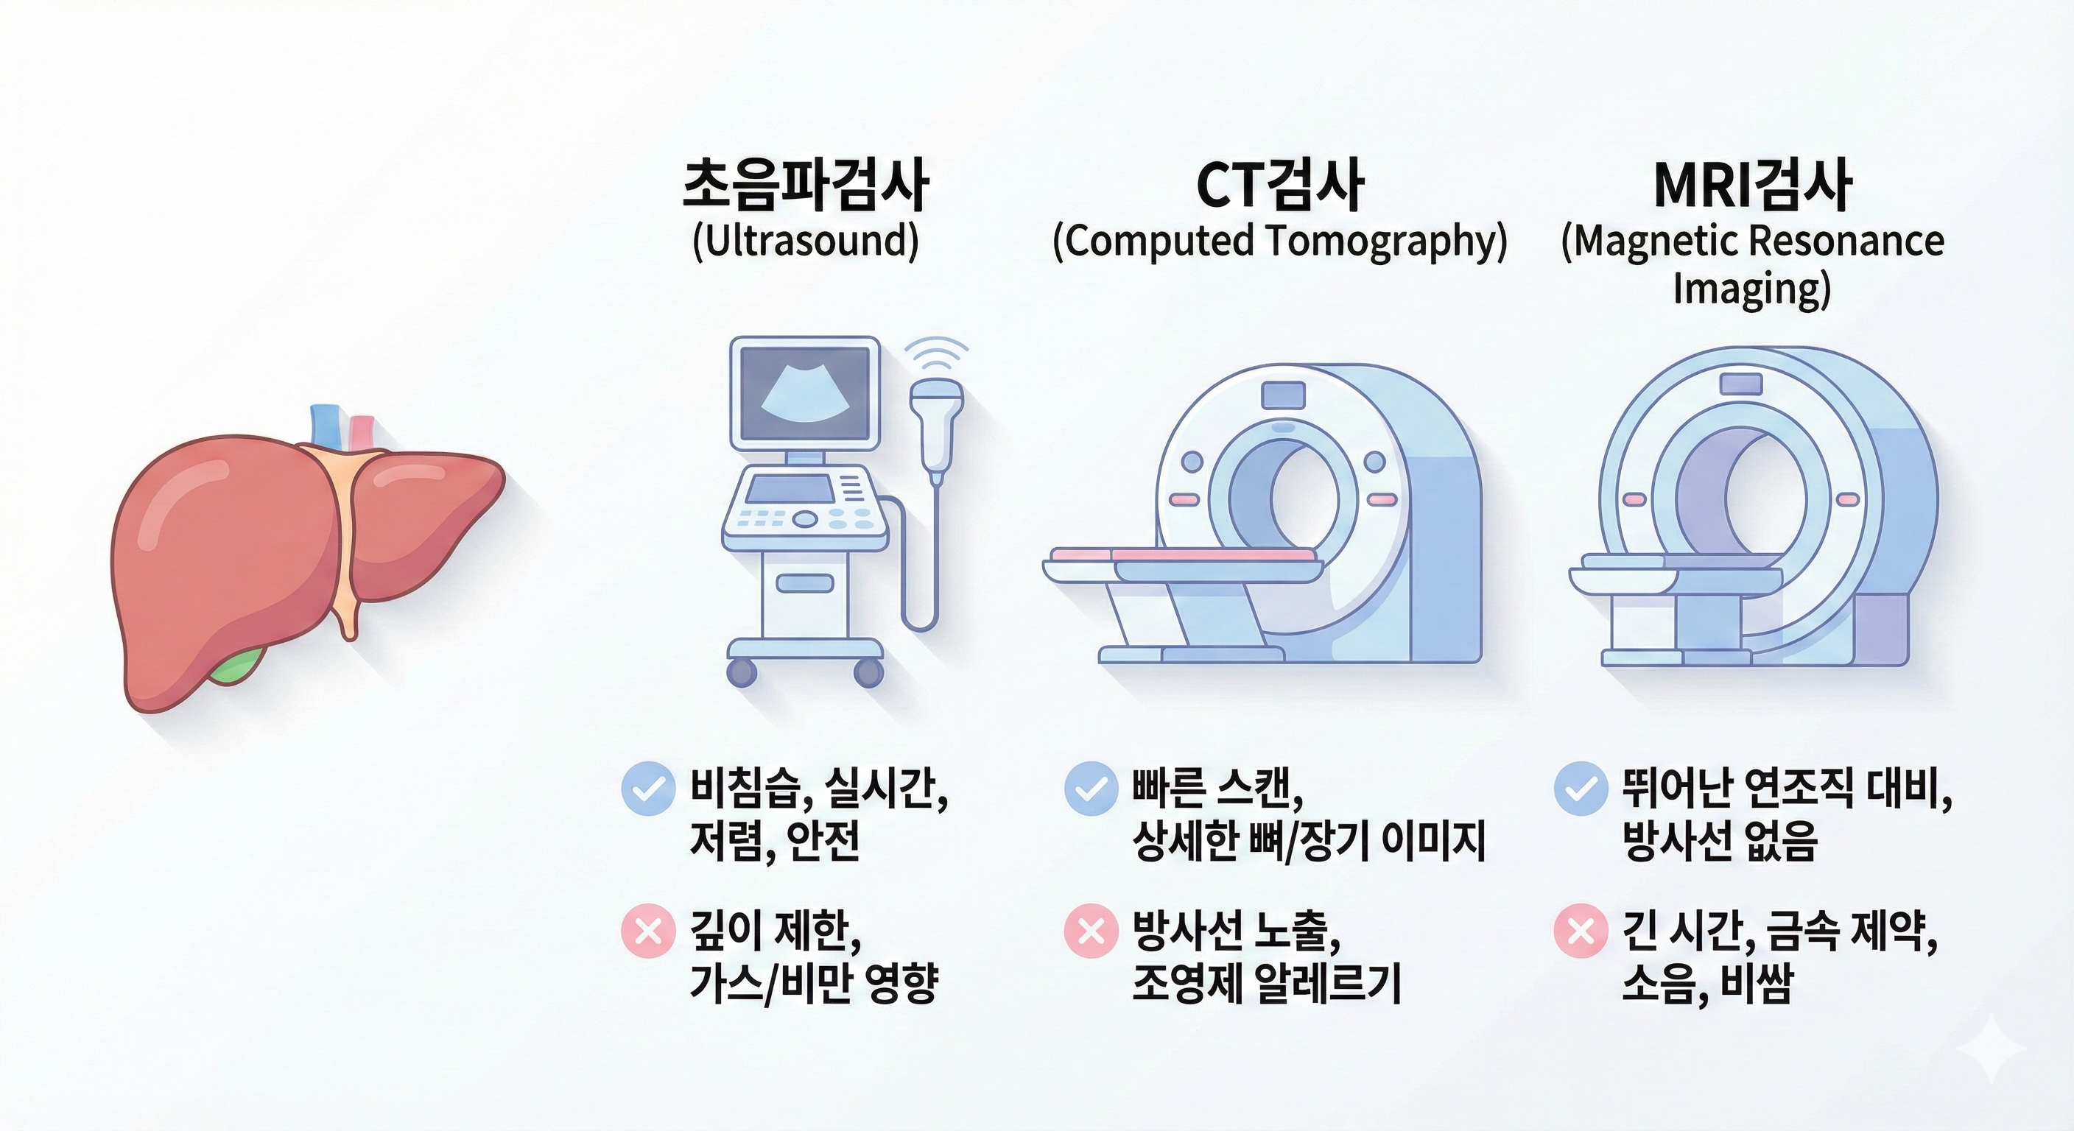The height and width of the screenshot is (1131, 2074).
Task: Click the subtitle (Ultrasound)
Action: coord(805,241)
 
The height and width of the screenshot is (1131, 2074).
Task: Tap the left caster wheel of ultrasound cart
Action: coord(742,672)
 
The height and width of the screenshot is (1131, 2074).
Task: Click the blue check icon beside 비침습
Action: coord(648,789)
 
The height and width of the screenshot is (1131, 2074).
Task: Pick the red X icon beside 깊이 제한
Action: coord(648,931)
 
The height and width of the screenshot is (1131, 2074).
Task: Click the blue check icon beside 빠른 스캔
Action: coord(1091,789)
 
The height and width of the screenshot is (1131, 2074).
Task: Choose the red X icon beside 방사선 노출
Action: coord(1091,931)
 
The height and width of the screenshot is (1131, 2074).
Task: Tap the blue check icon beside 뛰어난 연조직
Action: coord(1581,789)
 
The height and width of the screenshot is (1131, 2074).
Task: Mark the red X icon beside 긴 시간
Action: coord(1581,931)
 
